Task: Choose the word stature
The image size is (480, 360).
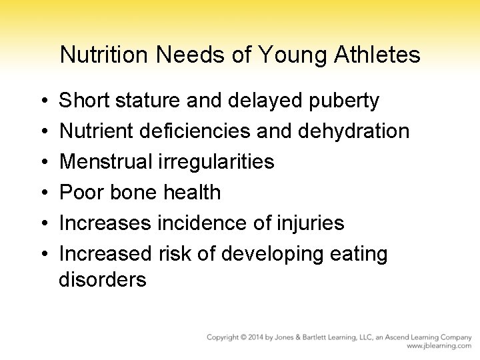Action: tap(147, 101)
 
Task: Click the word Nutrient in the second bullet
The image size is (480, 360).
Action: tap(97, 131)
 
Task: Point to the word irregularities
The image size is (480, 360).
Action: tap(218, 162)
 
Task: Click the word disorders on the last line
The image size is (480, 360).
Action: tap(102, 279)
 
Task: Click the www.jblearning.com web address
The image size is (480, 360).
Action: tap(439, 347)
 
